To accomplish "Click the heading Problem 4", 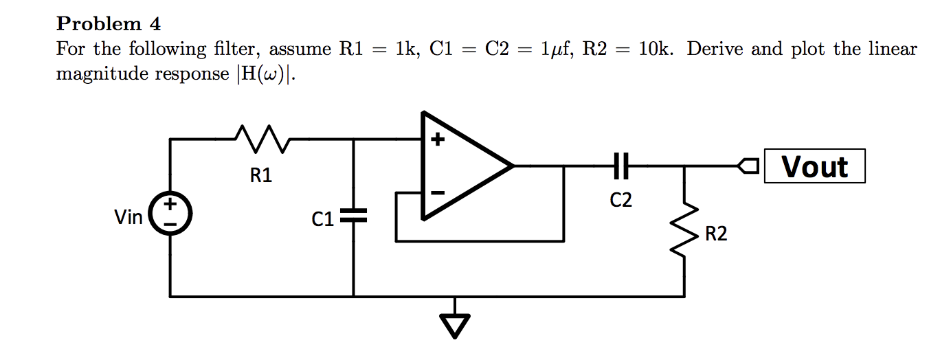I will [109, 24].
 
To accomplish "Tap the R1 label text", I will [261, 176].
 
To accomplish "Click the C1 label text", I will [322, 219].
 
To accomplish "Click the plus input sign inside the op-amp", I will [437, 142].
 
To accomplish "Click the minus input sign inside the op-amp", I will [437, 193].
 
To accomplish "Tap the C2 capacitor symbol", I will [620, 166].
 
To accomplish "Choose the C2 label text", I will [620, 200].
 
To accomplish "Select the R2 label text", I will [715, 235].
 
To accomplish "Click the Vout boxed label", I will [814, 167].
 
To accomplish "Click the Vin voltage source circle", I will [170, 214].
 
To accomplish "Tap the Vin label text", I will [128, 218].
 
